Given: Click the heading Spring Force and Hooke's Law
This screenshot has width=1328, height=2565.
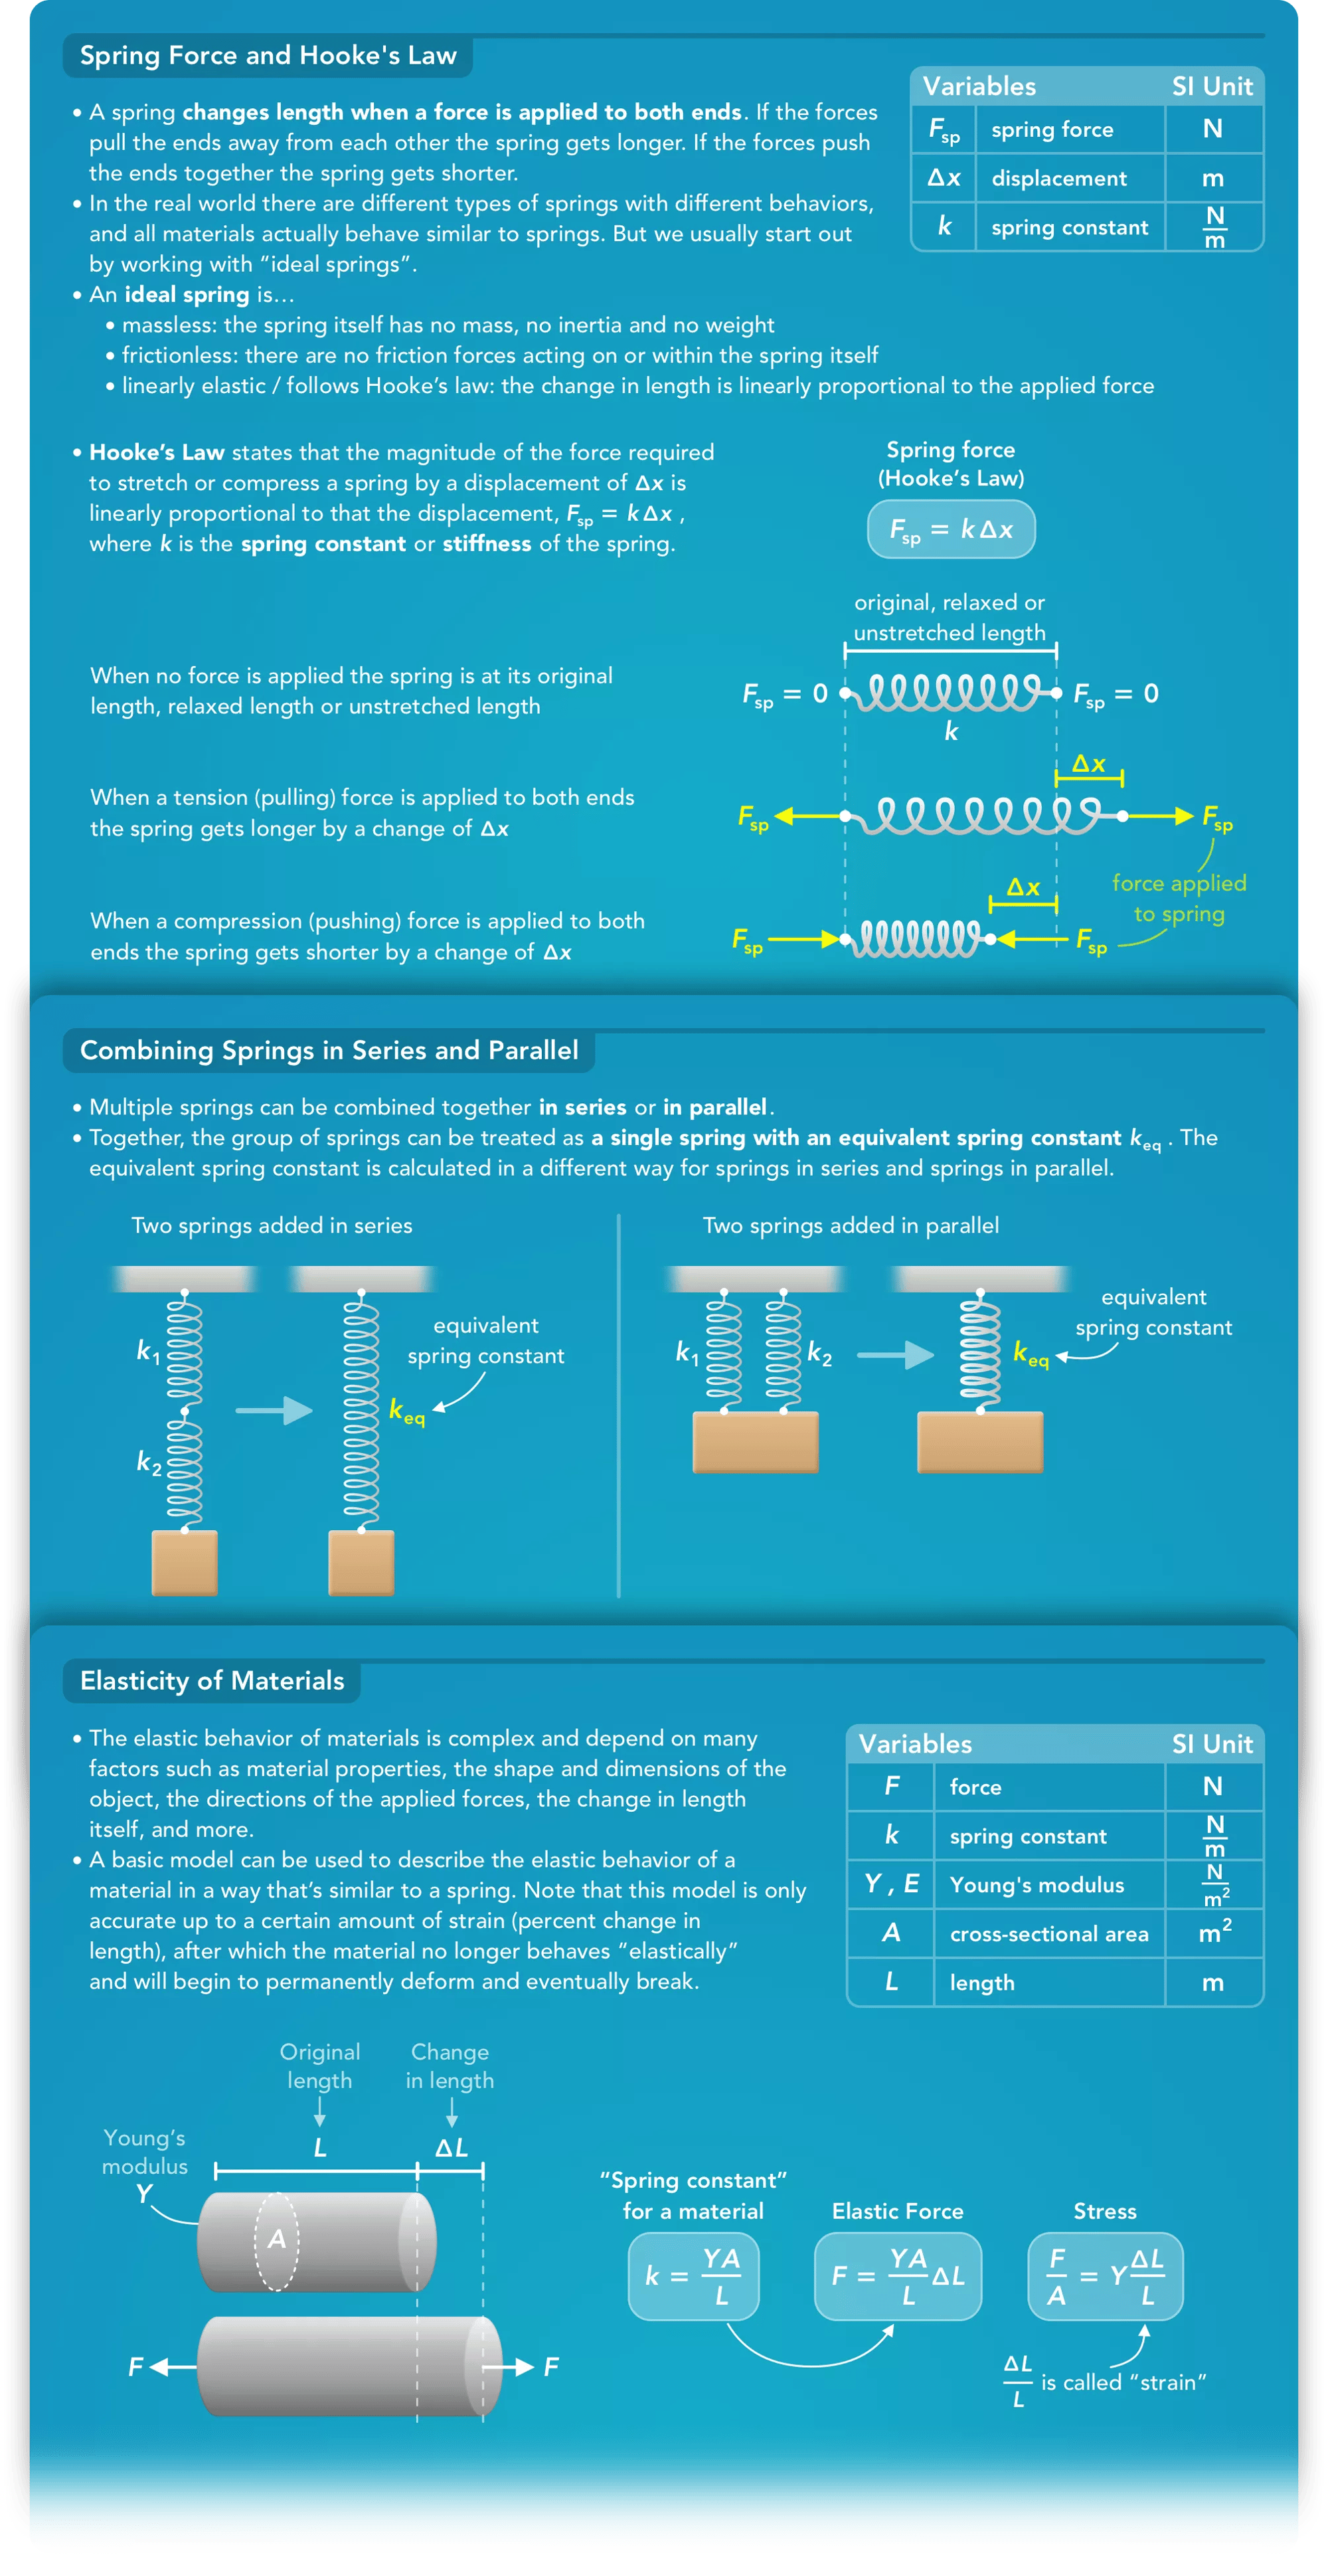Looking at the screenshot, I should click(268, 56).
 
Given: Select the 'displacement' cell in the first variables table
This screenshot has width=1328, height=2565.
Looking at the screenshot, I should click(1059, 178).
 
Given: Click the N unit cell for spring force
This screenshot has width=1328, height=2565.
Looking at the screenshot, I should click(1212, 130).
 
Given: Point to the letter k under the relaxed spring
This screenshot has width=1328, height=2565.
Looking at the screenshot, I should click(951, 732).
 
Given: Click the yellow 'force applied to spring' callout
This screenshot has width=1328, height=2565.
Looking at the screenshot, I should click(1179, 898).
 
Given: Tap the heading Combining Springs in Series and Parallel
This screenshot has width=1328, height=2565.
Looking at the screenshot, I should click(329, 1051).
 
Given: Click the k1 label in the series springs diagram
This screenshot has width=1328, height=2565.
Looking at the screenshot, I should click(147, 1351).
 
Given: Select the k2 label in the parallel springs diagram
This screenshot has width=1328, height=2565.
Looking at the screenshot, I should click(819, 1352).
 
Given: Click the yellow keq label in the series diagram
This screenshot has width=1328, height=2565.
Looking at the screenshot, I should click(406, 1411).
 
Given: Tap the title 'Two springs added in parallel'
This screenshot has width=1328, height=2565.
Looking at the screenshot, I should click(850, 1226).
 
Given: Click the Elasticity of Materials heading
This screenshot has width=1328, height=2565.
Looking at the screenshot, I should click(212, 1681).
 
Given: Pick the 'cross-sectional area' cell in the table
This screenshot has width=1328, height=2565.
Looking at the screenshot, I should click(1048, 1933).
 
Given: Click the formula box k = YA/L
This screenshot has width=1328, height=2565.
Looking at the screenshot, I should click(693, 2275).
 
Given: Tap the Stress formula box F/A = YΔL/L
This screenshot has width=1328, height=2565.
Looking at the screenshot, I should click(1105, 2275).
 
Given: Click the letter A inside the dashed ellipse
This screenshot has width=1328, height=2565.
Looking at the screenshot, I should click(277, 2240).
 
